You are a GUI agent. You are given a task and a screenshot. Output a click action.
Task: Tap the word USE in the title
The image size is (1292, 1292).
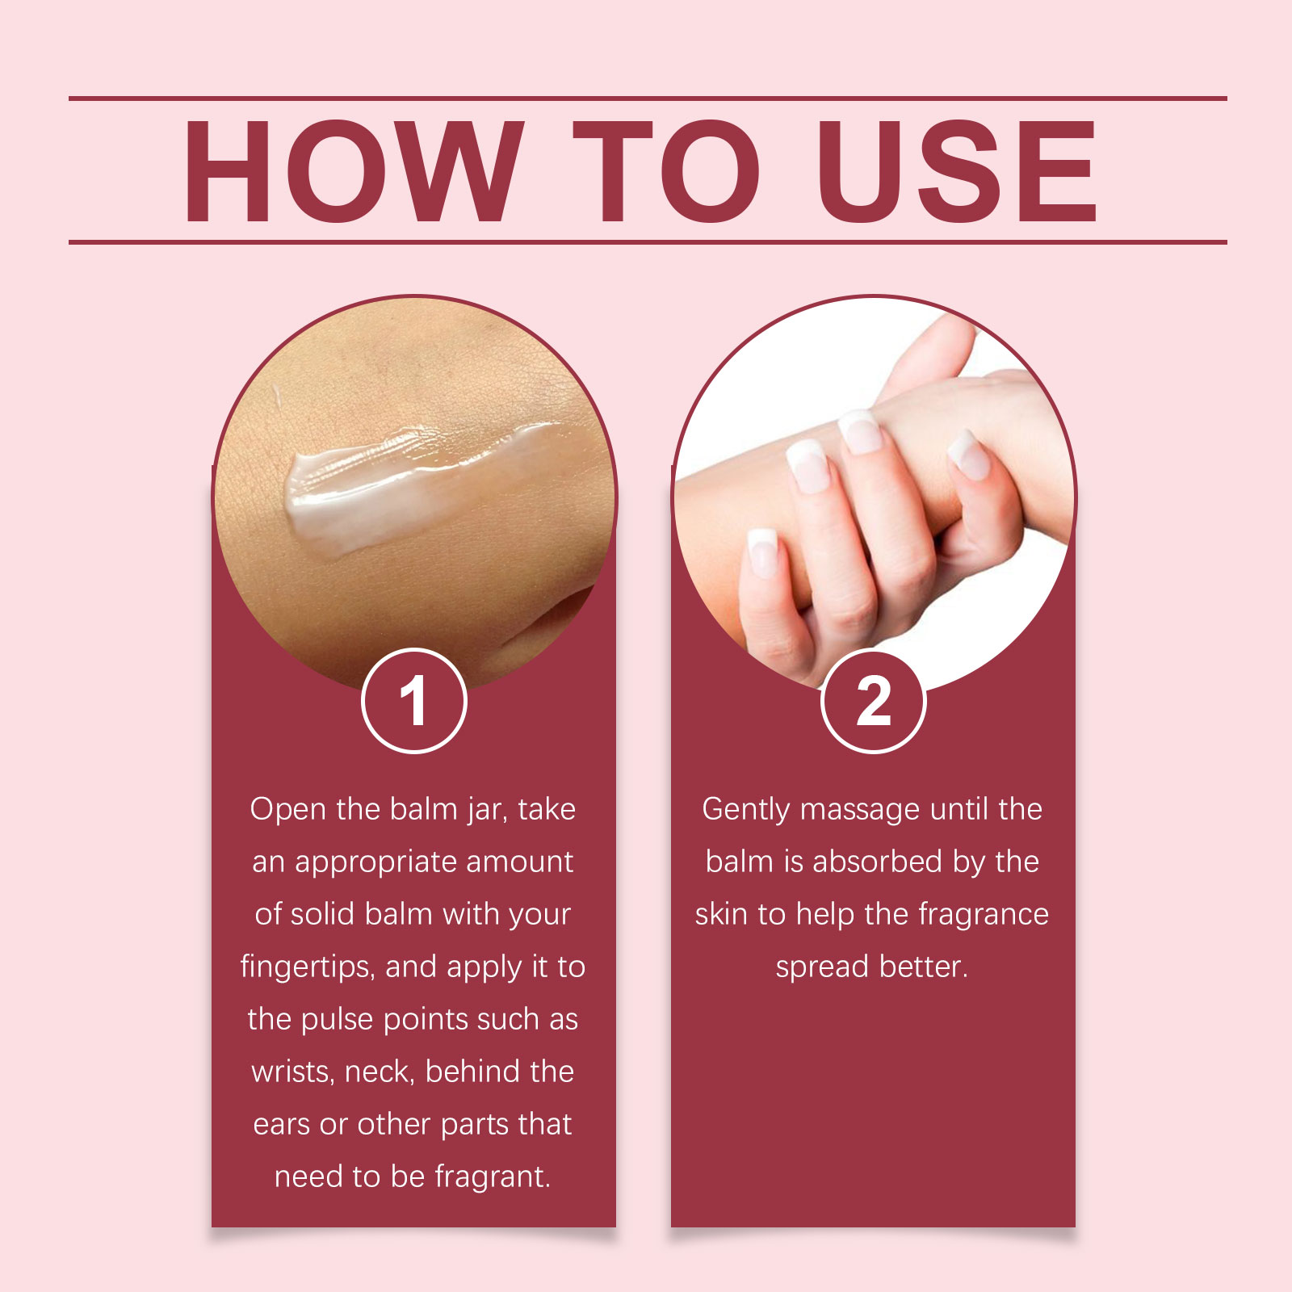click(957, 171)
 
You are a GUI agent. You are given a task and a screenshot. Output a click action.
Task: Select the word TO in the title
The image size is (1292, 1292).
click(666, 171)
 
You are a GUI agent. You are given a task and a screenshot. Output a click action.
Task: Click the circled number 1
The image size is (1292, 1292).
click(413, 701)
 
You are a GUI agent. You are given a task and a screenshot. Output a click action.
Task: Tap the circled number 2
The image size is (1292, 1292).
click(873, 701)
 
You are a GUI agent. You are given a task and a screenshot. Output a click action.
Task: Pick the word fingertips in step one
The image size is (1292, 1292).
click(308, 967)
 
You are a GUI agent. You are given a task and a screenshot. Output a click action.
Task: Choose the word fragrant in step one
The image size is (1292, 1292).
click(493, 1177)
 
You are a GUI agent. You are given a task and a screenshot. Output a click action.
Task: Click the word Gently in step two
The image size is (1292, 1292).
click(746, 810)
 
